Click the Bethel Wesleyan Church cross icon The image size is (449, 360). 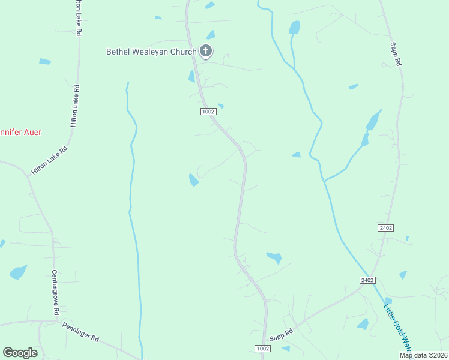point(205,51)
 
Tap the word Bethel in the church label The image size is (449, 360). point(118,52)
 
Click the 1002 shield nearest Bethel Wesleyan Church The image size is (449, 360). point(208,112)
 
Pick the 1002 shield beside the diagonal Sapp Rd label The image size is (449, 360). point(262,349)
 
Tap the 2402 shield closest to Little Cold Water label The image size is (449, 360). point(368,280)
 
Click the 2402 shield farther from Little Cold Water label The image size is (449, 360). point(385,228)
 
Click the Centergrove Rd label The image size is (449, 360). point(55,292)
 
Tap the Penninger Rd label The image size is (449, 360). point(80,331)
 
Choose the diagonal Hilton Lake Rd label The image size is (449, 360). point(49,160)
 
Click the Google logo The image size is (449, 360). point(20,353)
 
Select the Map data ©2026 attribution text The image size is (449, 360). point(423,355)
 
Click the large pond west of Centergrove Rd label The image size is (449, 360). point(18,272)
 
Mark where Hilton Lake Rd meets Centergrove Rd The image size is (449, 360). point(28,176)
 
